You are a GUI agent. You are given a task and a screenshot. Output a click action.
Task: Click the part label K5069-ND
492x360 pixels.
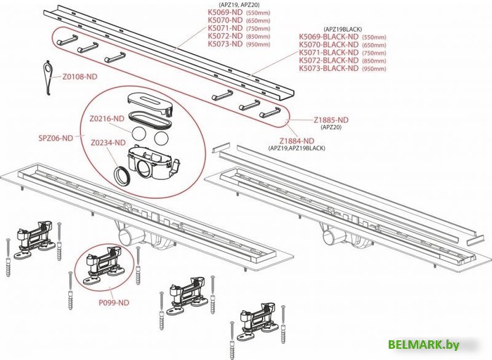tap(226, 13)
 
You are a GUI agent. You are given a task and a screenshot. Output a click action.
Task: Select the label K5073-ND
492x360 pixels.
tap(226, 44)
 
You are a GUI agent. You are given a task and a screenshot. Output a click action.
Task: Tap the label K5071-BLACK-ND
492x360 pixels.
tap(328, 53)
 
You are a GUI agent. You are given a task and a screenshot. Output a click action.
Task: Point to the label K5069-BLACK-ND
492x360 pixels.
tap(328, 37)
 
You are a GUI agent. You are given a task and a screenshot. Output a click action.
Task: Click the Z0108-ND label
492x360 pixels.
tap(79, 77)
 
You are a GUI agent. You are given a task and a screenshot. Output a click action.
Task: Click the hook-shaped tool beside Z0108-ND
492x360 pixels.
tap(47, 77)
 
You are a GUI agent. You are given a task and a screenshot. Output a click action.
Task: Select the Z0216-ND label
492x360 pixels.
tap(107, 119)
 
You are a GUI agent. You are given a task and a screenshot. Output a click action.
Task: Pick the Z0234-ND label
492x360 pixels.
tap(108, 143)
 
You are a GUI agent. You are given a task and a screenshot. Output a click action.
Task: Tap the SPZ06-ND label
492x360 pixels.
tap(56, 138)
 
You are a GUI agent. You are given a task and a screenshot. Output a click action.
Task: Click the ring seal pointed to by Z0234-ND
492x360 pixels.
tap(121, 176)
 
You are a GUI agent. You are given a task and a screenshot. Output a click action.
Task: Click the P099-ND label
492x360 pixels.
tap(114, 302)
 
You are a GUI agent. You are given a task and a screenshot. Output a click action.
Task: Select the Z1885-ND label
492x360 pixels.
tap(331, 120)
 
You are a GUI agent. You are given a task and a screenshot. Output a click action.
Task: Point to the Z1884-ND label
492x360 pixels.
tap(297, 141)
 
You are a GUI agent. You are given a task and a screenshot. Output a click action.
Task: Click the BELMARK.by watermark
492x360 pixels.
tap(424, 345)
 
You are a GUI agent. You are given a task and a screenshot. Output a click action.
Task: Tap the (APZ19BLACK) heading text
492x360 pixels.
tap(343, 30)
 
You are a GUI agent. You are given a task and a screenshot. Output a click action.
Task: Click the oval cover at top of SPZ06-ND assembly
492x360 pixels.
tap(150, 103)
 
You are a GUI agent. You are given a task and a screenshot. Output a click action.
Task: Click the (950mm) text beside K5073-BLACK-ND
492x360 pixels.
tap(375, 69)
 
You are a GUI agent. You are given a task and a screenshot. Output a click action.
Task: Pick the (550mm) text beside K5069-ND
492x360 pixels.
tap(258, 13)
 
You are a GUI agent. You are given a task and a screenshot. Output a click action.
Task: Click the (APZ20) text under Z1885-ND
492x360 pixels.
tap(331, 127)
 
